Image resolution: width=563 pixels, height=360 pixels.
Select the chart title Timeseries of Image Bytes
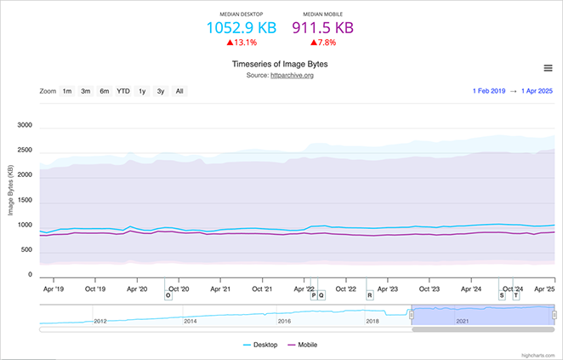[280, 64]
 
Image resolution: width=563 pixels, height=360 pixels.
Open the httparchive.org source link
[293, 76]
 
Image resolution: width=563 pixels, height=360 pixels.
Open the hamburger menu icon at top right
[549, 68]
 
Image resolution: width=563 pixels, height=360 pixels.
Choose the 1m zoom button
[66, 91]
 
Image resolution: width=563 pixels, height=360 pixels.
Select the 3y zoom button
[161, 91]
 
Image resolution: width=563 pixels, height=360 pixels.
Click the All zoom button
[179, 91]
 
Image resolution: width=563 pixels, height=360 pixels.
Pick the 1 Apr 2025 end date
[537, 91]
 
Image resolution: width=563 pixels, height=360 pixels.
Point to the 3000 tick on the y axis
[24, 125]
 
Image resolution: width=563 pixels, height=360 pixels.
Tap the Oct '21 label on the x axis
[263, 289]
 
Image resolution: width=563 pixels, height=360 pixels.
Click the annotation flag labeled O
[168, 295]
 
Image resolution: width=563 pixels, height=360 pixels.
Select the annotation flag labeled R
[369, 295]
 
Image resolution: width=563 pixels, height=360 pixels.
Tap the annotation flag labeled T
[515, 295]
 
